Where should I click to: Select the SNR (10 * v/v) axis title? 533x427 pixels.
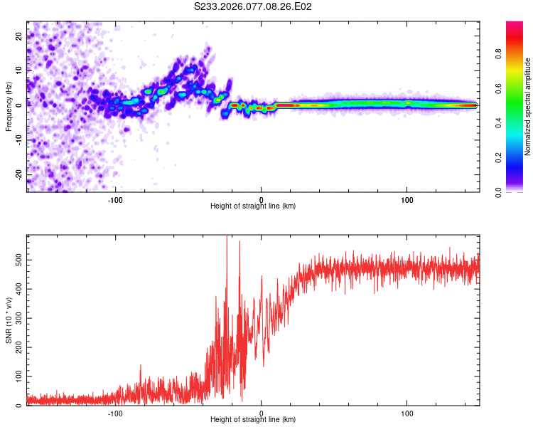9,320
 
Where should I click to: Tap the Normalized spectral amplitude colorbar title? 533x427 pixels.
527,107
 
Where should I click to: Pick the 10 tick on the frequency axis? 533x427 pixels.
18,70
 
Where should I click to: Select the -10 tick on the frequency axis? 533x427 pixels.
17,139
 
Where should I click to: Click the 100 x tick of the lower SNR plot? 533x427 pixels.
407,413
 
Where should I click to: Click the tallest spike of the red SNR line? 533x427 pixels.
227,238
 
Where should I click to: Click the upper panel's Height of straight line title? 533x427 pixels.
253,206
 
